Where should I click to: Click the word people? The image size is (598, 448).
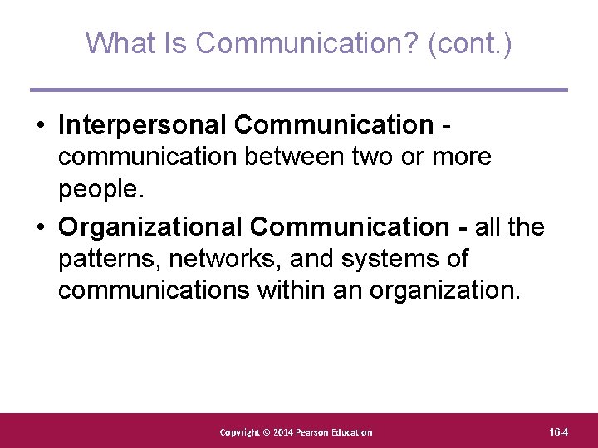[101, 189]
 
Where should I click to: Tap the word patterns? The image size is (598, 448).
[109, 259]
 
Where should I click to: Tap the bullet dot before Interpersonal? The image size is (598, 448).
[40, 125]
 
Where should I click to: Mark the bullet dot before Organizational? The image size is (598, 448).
[40, 227]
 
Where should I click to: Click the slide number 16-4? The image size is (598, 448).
[558, 432]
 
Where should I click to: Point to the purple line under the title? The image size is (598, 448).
[299, 90]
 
